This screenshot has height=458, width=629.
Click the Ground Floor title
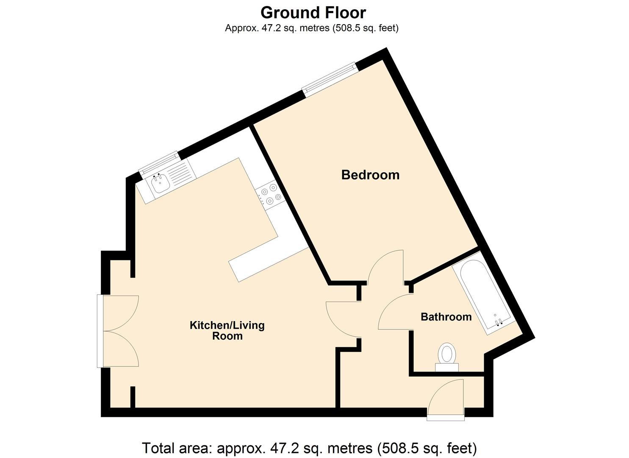(313, 13)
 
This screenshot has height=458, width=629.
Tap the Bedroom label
(370, 175)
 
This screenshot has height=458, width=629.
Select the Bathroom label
(446, 317)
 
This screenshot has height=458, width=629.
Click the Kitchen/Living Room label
(227, 330)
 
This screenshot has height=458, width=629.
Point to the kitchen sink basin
(160, 184)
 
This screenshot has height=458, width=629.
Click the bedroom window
(329, 79)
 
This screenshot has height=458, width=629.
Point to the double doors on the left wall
(119, 331)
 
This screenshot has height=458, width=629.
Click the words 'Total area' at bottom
(177, 448)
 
